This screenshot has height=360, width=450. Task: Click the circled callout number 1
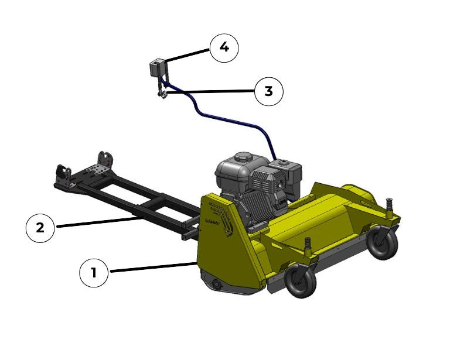pos(94,273)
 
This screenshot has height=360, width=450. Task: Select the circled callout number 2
pos(40,228)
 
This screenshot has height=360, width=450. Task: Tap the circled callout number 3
pos(269,91)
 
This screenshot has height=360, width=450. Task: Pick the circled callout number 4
pos(224,47)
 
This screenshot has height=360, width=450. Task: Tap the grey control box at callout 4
pos(156,67)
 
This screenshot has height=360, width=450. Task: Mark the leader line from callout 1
pos(152,268)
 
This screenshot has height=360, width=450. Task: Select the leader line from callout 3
pos(211,91)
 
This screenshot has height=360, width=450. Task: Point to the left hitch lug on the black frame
pos(60,173)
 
